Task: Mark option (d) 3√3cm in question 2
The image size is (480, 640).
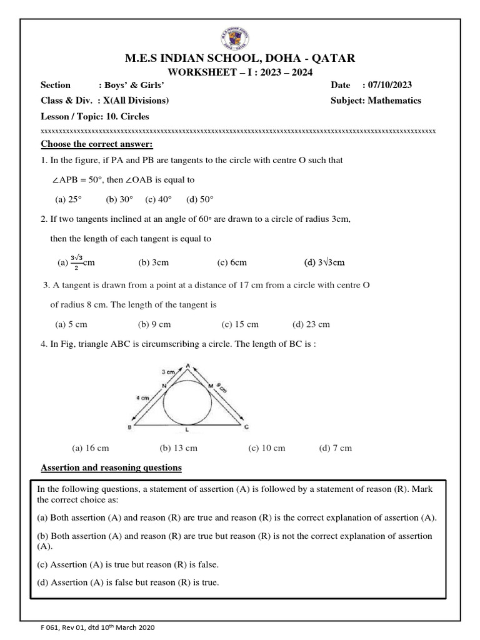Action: [x=324, y=262]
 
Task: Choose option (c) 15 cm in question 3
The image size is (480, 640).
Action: [x=239, y=324]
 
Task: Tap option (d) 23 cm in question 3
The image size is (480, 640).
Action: [x=311, y=324]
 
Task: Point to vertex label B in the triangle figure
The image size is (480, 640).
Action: [x=129, y=427]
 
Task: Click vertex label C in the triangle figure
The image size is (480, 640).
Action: [x=246, y=427]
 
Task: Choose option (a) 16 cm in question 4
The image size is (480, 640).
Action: [x=91, y=447]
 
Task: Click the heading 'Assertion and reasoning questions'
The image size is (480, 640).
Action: [x=111, y=467]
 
